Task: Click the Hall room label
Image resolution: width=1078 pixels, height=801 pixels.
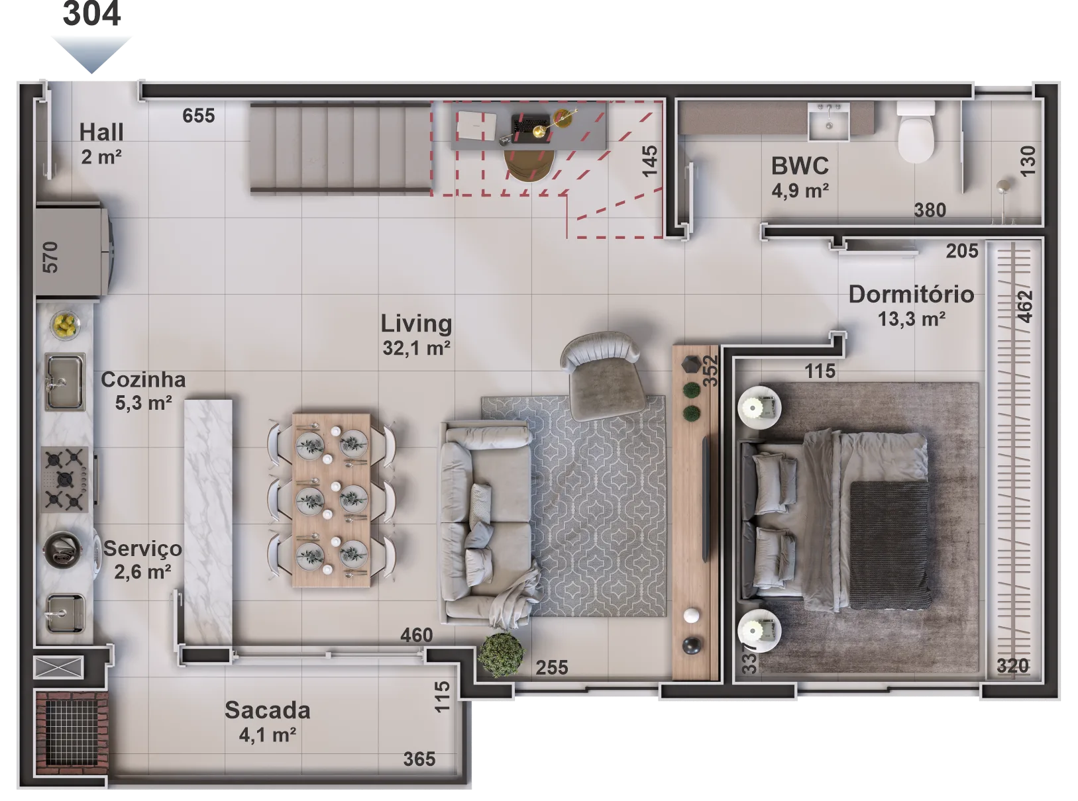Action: tap(101, 132)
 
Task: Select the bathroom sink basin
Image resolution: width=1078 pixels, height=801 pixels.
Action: tap(828, 122)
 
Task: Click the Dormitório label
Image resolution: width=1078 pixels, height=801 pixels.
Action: tap(911, 295)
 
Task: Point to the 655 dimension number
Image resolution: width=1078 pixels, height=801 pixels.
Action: tap(199, 116)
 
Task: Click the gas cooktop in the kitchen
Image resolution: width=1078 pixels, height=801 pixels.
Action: tap(65, 479)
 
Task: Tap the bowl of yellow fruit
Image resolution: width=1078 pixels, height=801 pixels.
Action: tap(66, 324)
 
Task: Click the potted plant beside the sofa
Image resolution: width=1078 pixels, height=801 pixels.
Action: tap(501, 655)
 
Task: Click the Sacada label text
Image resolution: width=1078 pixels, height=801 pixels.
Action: tap(267, 710)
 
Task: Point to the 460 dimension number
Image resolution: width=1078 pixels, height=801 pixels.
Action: tap(416, 636)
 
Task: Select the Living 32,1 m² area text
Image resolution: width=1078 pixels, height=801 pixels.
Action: tap(416, 334)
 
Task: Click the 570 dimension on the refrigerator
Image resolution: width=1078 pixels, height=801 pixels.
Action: tap(50, 257)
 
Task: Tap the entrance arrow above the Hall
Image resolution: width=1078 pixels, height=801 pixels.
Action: tap(91, 50)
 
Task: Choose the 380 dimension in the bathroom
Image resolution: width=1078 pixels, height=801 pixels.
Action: tap(930, 211)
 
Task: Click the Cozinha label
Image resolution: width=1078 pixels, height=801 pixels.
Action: tap(143, 380)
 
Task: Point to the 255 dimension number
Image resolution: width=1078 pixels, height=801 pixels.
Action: tap(552, 667)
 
